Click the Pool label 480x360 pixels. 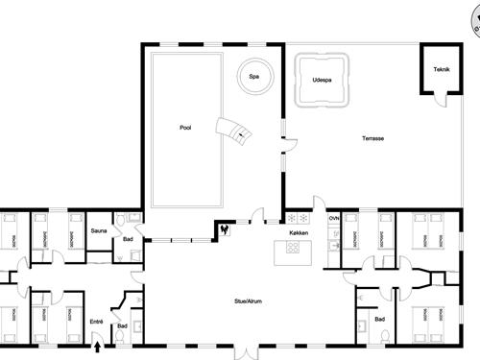click(185, 127)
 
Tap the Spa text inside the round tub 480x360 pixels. click(254, 77)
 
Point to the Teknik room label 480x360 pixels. click(441, 69)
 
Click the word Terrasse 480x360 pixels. click(373, 138)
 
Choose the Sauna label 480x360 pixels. click(99, 231)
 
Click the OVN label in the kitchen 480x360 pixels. click(334, 219)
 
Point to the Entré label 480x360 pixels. click(96, 322)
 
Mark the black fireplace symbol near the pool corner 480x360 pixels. click(225, 229)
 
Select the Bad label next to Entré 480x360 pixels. click(122, 326)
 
